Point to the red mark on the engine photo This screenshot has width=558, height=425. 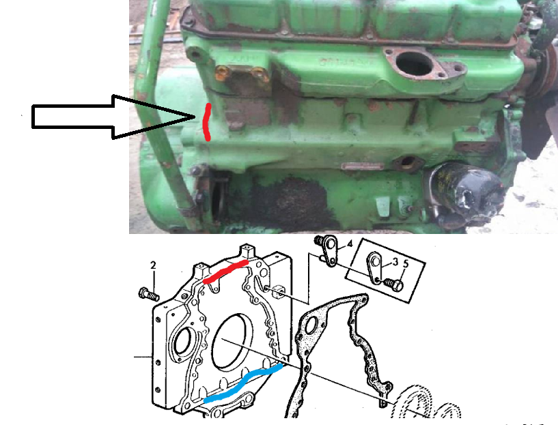coord(206,123)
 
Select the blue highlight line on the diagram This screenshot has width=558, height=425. coord(242,383)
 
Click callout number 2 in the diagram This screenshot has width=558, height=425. coord(154,265)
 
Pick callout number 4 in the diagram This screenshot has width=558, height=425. coord(349,244)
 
